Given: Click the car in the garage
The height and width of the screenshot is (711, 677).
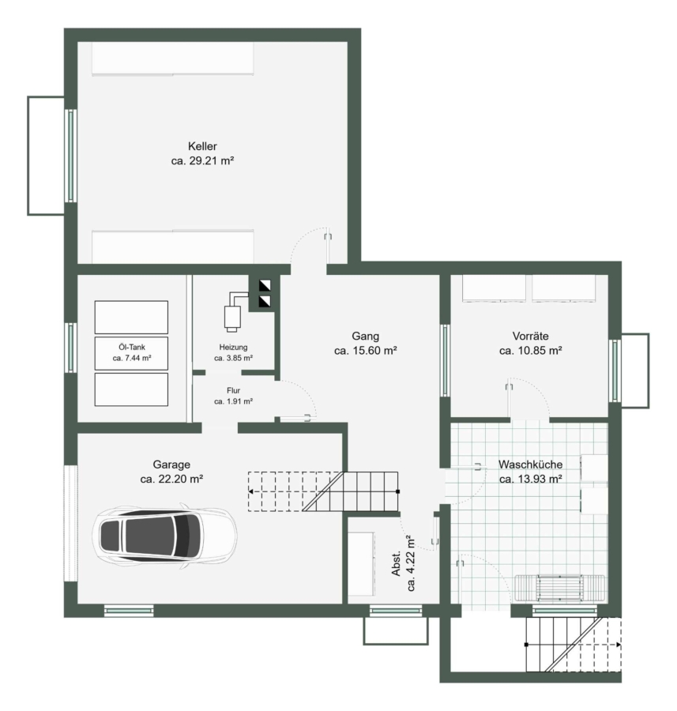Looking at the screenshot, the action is (x=164, y=536).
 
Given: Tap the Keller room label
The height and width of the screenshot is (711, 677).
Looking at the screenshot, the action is (x=202, y=146).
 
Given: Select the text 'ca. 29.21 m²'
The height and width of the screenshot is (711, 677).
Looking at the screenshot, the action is (x=202, y=161).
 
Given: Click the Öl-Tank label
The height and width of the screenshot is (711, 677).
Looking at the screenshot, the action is (x=132, y=348).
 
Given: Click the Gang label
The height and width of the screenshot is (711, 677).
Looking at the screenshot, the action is (x=366, y=337).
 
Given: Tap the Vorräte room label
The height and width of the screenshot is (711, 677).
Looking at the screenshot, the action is (x=531, y=337).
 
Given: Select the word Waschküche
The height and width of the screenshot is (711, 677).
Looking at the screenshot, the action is (x=531, y=465).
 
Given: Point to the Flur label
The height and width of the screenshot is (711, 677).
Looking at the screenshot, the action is (x=234, y=390).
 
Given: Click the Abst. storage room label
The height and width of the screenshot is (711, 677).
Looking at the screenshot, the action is (x=397, y=563).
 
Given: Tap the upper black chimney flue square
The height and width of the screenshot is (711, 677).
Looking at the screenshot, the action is (x=265, y=285).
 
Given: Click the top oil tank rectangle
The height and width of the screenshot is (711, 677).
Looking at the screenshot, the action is (x=131, y=318).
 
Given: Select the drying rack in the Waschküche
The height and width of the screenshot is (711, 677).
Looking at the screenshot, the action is (x=559, y=588).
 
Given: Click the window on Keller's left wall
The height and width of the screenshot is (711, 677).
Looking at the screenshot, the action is (x=71, y=156).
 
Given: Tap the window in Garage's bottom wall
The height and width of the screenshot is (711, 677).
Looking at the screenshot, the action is (x=129, y=611).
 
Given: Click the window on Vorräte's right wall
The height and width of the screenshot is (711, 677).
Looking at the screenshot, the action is (x=615, y=371).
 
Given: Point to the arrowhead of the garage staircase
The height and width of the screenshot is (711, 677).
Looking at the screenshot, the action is (x=250, y=491).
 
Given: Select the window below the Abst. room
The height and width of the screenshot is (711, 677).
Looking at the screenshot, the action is (x=396, y=611).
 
